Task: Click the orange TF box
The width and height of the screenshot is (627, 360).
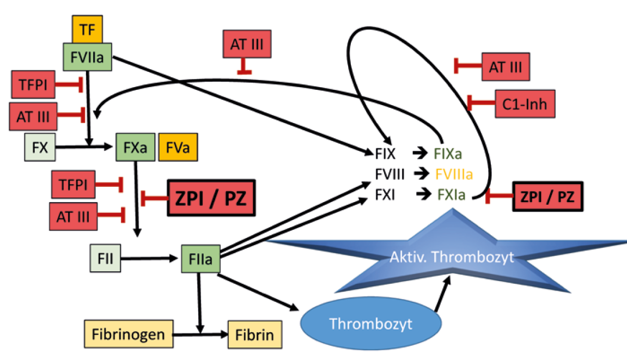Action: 87,30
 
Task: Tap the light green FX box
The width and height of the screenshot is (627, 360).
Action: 40,147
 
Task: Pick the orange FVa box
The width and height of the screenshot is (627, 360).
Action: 178,147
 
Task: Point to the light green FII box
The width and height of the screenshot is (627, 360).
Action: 106,259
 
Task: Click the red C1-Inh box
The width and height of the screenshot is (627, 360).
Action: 525,103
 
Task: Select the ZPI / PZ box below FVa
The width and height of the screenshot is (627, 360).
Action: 212,199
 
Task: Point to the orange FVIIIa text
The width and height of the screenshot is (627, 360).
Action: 454,175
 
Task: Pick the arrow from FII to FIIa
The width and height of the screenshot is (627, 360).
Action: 150,259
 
